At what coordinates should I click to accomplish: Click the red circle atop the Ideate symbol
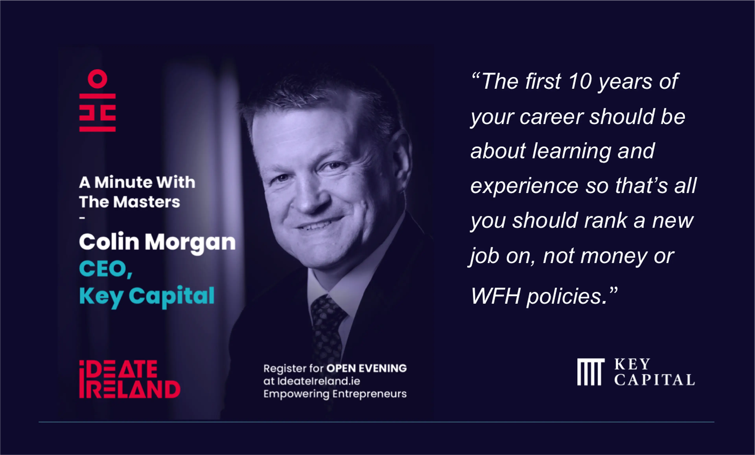98,79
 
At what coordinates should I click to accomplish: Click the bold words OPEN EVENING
366,368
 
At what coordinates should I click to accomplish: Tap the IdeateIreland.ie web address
319,381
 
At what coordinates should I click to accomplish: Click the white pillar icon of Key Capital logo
591,372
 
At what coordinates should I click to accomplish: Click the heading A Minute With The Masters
137,192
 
